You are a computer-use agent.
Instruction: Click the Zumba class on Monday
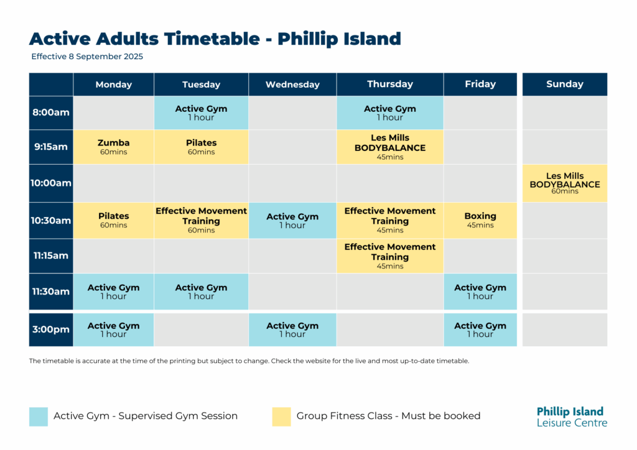(x=113, y=147)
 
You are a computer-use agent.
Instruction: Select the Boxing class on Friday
(x=480, y=220)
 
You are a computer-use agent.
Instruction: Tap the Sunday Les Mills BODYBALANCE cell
(x=565, y=183)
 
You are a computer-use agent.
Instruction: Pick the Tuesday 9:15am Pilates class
(x=201, y=147)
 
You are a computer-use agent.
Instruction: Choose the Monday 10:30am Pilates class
(x=113, y=220)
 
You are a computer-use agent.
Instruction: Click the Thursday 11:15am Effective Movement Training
(x=390, y=255)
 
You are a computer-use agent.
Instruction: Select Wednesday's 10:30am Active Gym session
(x=292, y=220)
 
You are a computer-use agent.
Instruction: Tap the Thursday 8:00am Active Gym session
(x=390, y=112)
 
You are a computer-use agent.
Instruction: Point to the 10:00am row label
(x=51, y=183)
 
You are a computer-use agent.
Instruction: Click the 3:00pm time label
(x=51, y=329)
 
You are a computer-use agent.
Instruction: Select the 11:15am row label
(x=51, y=255)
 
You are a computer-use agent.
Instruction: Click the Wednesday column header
(x=292, y=85)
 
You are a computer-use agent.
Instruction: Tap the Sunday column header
(x=565, y=85)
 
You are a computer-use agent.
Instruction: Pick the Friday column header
(x=480, y=85)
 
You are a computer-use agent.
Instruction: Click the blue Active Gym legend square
(x=39, y=416)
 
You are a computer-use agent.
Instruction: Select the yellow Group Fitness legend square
(x=282, y=416)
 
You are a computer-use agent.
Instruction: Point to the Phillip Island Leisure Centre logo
(x=572, y=416)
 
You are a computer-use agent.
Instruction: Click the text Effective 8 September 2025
(x=87, y=57)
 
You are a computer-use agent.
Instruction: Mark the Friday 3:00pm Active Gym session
(x=480, y=329)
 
